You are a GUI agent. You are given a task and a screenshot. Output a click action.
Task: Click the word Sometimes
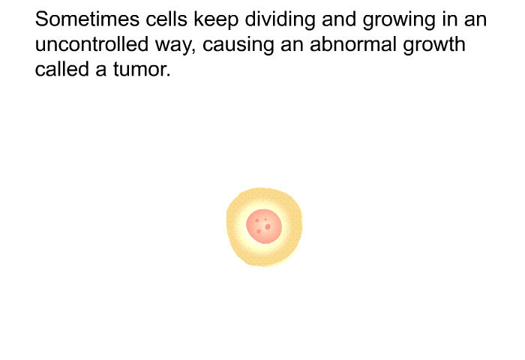tap(88, 19)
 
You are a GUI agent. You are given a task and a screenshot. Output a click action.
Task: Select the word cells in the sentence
tap(166, 19)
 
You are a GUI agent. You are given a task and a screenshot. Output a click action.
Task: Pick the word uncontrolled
tap(91, 44)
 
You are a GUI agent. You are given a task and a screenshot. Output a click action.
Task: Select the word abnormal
tap(353, 44)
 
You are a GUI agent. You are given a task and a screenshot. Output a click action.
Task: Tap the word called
tap(62, 69)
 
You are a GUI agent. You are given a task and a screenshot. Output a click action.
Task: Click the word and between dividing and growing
tap(339, 19)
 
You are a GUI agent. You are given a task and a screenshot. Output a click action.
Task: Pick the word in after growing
tap(448, 19)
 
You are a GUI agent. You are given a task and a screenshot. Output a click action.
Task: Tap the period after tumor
tap(168, 76)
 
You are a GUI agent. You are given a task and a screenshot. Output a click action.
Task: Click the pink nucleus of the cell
tap(264, 226)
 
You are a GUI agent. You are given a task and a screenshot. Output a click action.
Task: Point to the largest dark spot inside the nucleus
tap(268, 227)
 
